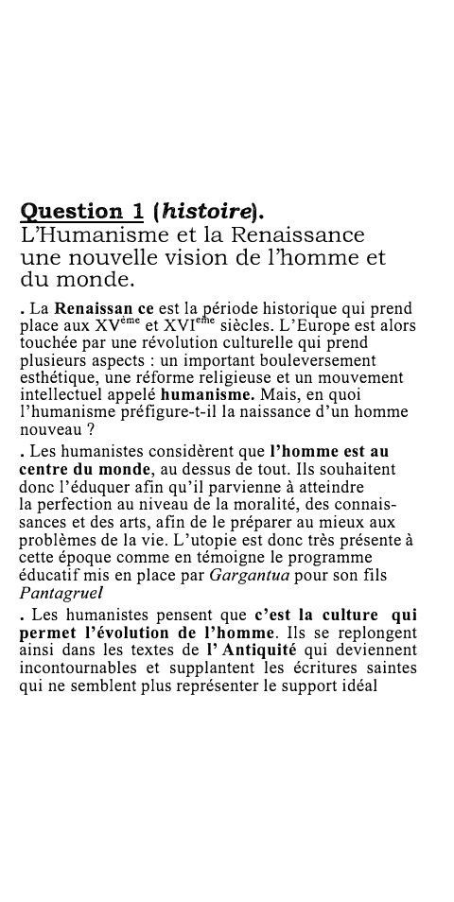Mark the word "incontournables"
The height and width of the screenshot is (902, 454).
point(79,668)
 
